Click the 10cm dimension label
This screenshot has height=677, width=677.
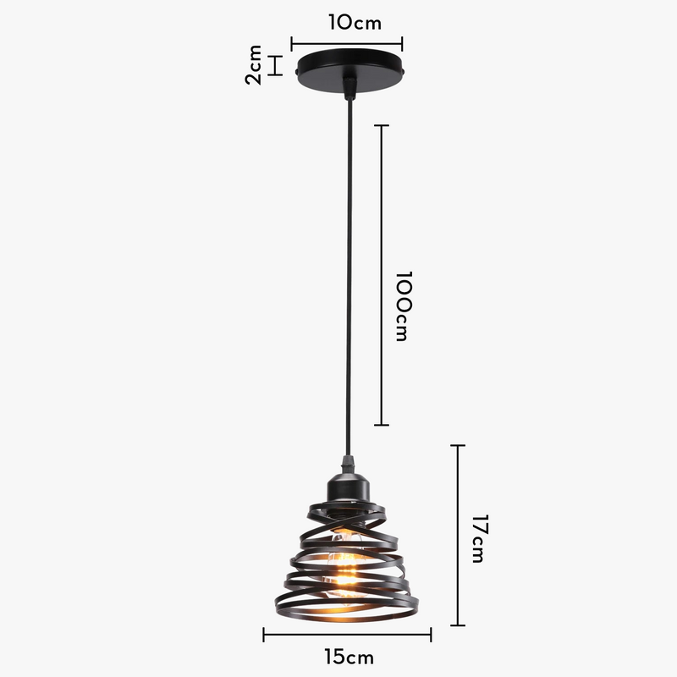click(355, 23)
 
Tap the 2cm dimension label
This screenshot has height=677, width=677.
click(253, 65)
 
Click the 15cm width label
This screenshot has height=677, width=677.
click(348, 656)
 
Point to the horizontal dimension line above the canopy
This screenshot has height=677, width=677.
click(347, 43)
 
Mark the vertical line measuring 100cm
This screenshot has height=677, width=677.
click(382, 275)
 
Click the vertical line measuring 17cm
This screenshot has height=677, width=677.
click(458, 535)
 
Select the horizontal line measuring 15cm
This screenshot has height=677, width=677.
click(347, 634)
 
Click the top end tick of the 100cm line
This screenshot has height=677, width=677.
click(382, 125)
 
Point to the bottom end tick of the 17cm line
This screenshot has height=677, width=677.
click(458, 625)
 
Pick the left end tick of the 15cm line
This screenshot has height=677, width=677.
click(264, 634)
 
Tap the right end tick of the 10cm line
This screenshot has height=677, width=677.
click(402, 43)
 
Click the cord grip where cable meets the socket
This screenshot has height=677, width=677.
click(346, 465)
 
